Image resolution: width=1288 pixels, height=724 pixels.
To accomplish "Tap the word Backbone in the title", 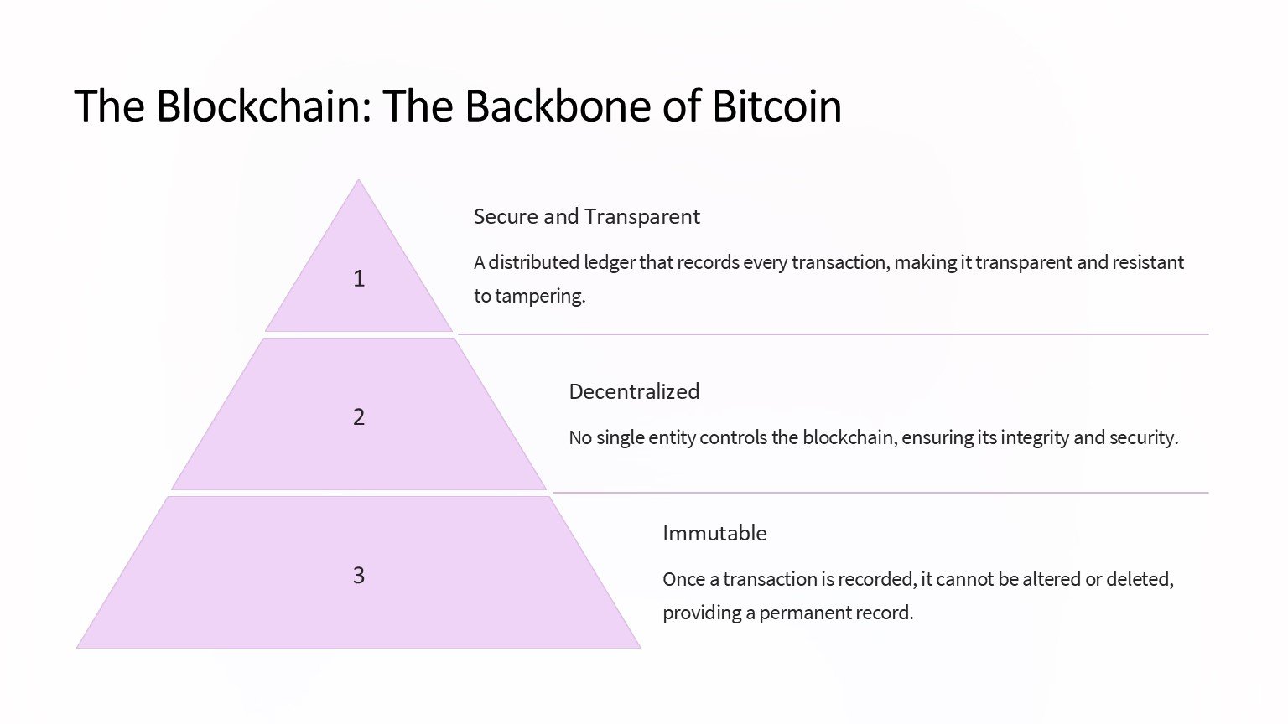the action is pos(557,106).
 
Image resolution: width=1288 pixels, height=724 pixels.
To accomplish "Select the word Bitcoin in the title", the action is pos(777,106).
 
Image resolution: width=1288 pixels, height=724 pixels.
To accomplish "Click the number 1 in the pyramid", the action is pos(359,279).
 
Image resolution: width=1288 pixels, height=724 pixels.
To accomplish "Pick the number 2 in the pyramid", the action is pos(359,417).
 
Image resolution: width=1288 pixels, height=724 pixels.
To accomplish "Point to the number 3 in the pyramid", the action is pos(359,575).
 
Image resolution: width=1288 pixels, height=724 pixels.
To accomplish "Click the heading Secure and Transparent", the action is pos(586,217).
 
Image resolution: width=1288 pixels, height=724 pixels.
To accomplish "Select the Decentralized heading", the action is pos(634,392).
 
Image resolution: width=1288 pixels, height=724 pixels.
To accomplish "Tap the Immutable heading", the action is pos(714,533).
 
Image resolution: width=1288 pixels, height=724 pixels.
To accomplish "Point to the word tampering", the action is pos(540,297).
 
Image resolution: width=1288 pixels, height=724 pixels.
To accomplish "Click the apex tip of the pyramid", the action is pos(359,179).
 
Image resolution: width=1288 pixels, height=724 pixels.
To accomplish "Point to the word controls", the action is pos(733,438).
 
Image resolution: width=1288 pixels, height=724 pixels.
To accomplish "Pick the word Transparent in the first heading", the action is pos(642,217).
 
